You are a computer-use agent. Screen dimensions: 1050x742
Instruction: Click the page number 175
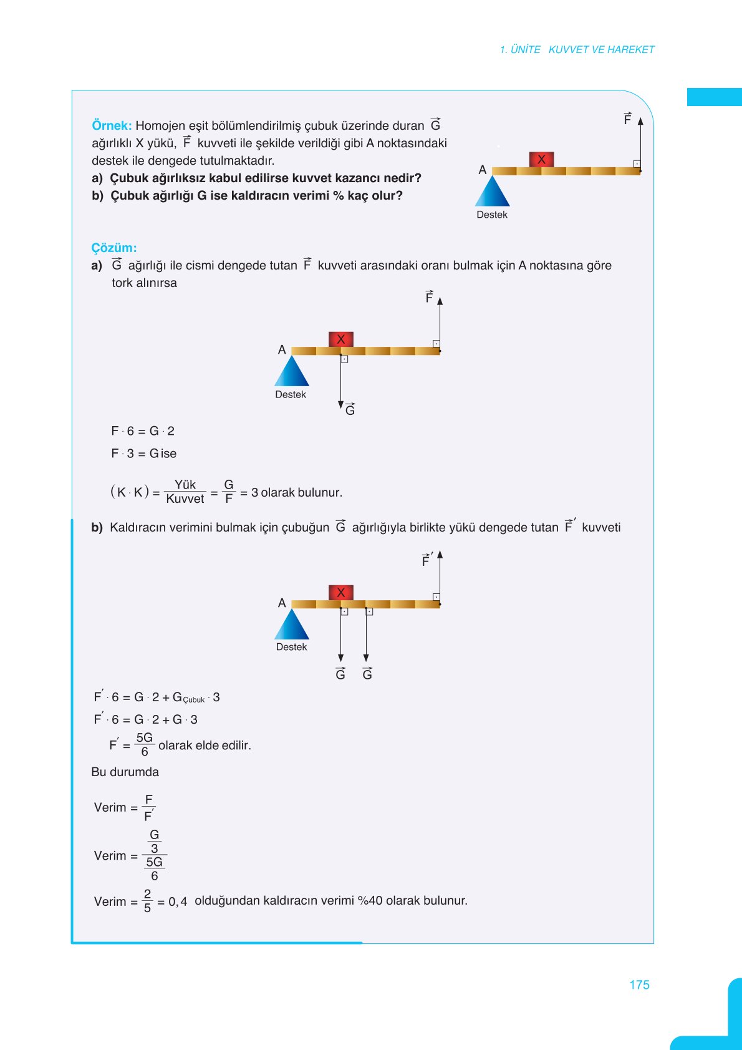pyautogui.click(x=639, y=984)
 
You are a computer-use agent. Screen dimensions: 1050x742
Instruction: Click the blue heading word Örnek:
pyautogui.click(x=112, y=125)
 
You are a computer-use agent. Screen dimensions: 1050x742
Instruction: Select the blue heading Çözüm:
pyautogui.click(x=113, y=248)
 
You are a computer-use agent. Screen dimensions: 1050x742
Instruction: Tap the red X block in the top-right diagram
pyautogui.click(x=541, y=159)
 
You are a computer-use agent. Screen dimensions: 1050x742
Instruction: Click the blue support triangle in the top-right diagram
pyautogui.click(x=493, y=193)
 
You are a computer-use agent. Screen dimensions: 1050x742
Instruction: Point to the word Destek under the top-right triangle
pyautogui.click(x=492, y=215)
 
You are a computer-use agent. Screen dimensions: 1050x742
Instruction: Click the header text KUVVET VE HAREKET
pyautogui.click(x=601, y=49)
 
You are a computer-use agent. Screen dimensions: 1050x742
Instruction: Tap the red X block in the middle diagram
pyautogui.click(x=340, y=339)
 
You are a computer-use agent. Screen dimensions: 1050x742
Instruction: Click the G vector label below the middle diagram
pyautogui.click(x=350, y=409)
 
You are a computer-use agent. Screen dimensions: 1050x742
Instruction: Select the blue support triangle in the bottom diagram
pyautogui.click(x=292, y=626)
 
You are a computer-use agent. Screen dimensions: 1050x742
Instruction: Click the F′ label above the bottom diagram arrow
pyautogui.click(x=426, y=560)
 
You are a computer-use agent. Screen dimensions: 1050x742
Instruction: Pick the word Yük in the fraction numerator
pyautogui.click(x=185, y=485)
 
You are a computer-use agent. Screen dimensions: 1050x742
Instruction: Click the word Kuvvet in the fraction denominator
pyautogui.click(x=185, y=499)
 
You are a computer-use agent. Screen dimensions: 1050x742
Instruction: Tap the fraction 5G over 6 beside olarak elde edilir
pyautogui.click(x=145, y=744)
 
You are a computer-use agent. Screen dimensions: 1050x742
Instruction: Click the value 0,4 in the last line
pyautogui.click(x=178, y=902)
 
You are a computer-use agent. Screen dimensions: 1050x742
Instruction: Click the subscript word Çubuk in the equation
pyautogui.click(x=194, y=700)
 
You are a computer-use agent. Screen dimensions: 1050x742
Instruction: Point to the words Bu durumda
pyautogui.click(x=125, y=772)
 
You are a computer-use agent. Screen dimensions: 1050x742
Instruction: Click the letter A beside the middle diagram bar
pyautogui.click(x=282, y=349)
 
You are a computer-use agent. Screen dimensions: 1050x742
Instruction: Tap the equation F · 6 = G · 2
pyautogui.click(x=143, y=431)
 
